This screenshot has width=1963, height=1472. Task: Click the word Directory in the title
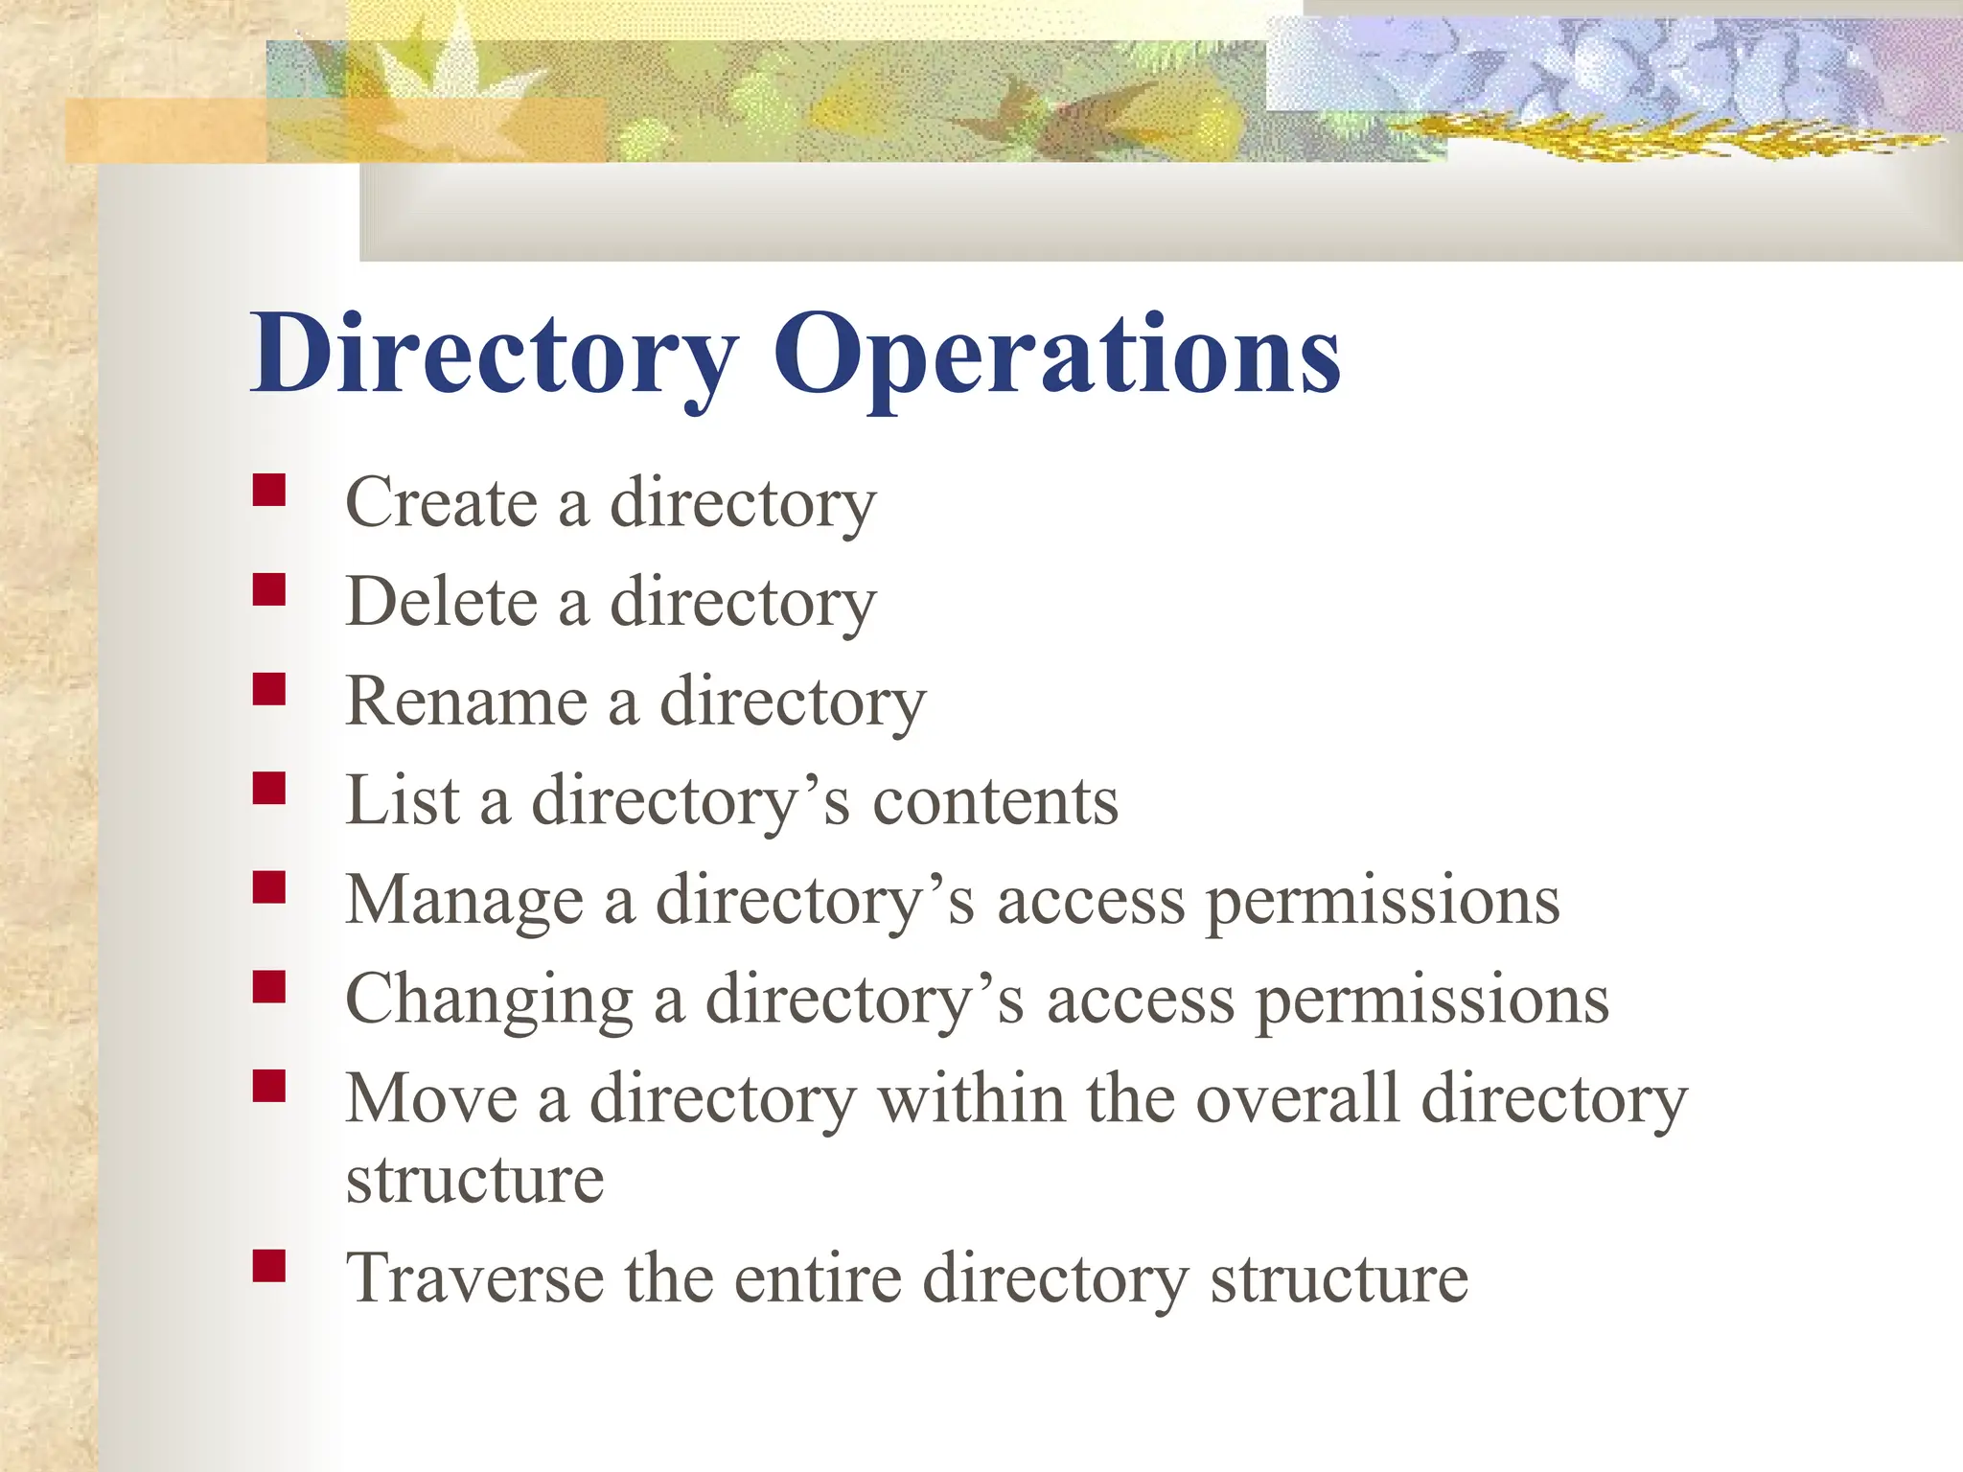(494, 355)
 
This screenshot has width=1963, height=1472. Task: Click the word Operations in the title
(1056, 355)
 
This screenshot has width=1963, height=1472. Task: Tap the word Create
(441, 502)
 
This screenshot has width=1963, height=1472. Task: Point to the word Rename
(466, 701)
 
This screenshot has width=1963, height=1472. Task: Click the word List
(403, 801)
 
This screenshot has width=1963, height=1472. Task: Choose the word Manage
(464, 901)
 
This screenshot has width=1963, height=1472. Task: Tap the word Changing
(489, 1000)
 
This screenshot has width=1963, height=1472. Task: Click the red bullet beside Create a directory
(269, 490)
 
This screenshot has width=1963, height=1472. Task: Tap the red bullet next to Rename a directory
(269, 689)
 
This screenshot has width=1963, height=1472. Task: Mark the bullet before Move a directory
(269, 1086)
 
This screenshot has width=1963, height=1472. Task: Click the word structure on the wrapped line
(474, 1181)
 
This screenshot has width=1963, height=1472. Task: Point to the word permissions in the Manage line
(1382, 901)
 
